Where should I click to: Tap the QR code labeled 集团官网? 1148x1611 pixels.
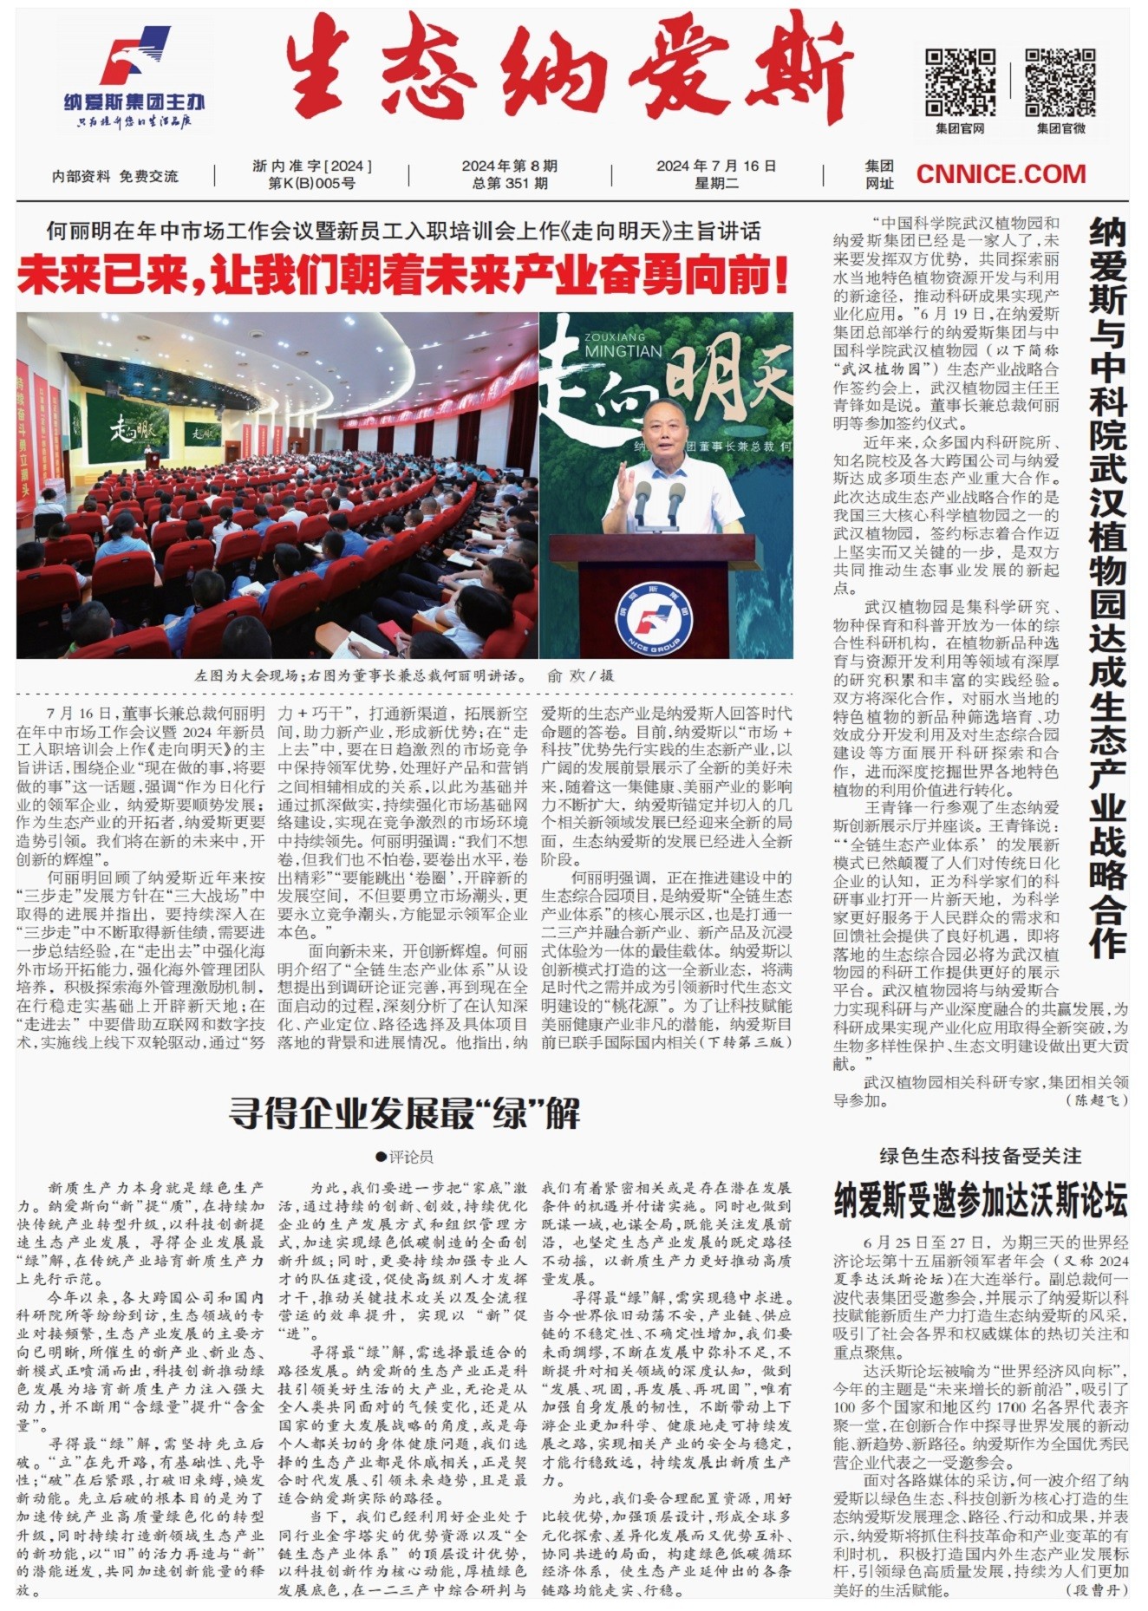pyautogui.click(x=960, y=82)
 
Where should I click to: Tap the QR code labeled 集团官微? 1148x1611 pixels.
pyautogui.click(x=1060, y=82)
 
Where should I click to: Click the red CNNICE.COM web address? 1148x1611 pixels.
pyautogui.click(x=1001, y=174)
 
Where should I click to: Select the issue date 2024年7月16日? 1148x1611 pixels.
pyautogui.click(x=715, y=166)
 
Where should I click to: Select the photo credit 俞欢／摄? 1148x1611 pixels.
pyautogui.click(x=580, y=675)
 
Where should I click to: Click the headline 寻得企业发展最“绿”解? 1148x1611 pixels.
pyautogui.click(x=404, y=1113)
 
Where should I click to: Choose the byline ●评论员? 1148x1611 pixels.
pyautogui.click(x=404, y=1156)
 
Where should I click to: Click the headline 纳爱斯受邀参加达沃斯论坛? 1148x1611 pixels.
pyautogui.click(x=981, y=1201)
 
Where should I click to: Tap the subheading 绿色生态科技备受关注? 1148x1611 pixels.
pyautogui.click(x=981, y=1156)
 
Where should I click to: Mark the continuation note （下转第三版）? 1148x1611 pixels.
pyautogui.click(x=745, y=1042)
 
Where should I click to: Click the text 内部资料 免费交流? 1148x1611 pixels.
pyautogui.click(x=115, y=176)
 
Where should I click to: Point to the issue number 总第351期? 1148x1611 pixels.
pyautogui.click(x=510, y=183)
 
